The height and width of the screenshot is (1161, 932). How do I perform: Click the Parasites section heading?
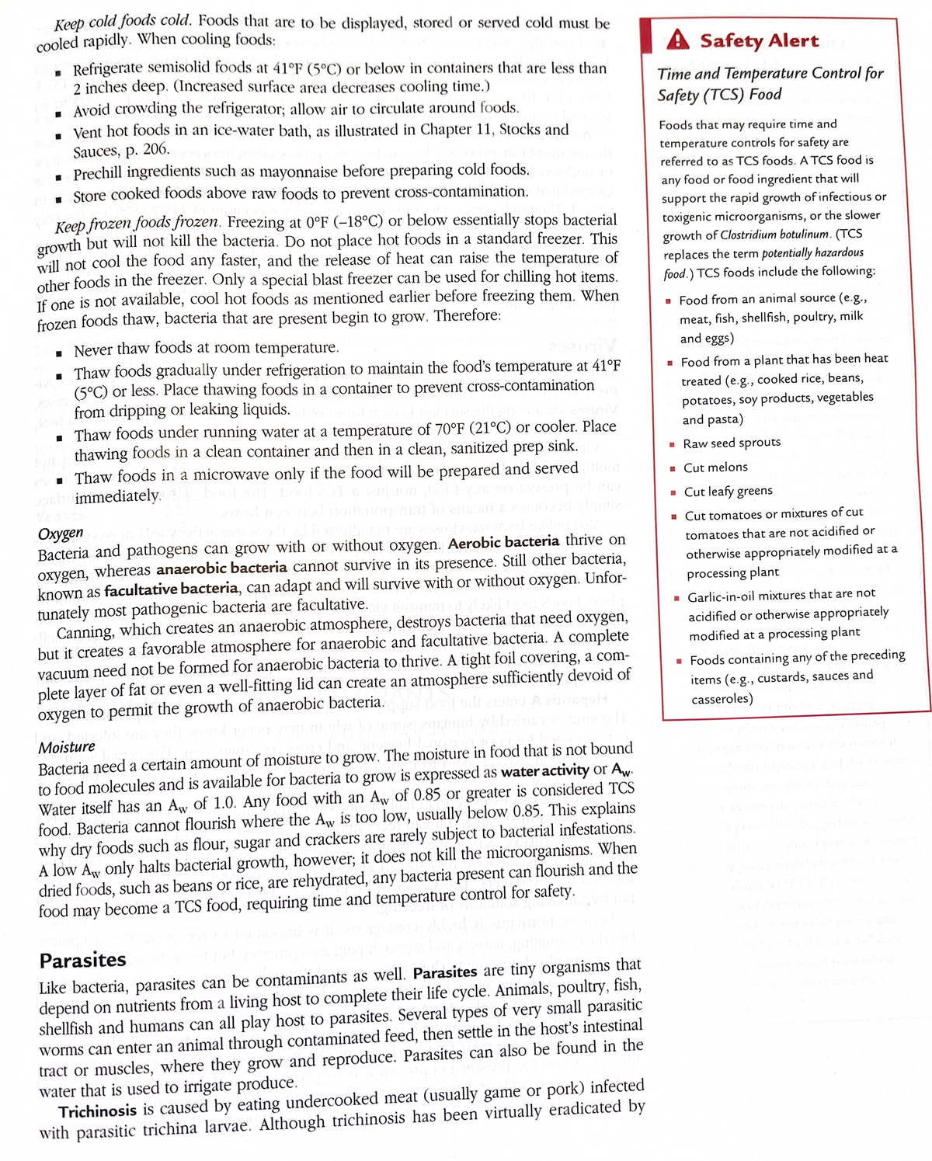(82, 961)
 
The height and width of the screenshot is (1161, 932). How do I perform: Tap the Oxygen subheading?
(61, 534)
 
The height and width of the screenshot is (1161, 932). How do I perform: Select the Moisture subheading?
(67, 747)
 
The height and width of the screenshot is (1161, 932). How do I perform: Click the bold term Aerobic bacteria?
(503, 542)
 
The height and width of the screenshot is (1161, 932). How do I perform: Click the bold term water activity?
(544, 771)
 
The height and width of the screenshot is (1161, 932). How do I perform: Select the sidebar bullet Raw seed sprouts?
(732, 443)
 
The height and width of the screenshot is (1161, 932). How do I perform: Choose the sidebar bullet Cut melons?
(715, 468)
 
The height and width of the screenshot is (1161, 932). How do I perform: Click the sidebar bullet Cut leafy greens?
(728, 492)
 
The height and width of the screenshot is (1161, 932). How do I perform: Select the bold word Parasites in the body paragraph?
(445, 973)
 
